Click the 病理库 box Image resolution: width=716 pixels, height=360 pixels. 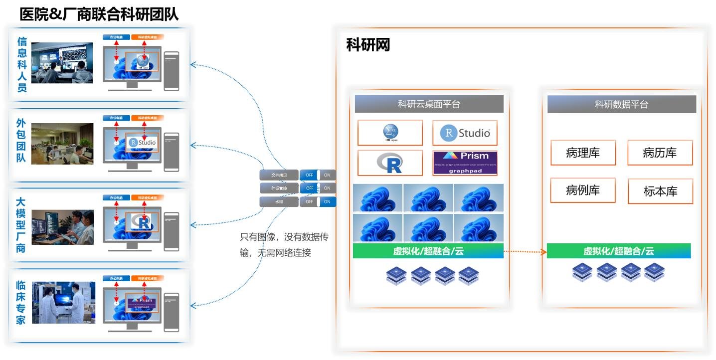pos(583,153)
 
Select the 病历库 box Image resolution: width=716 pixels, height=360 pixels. pos(660,153)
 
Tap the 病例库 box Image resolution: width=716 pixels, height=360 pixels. pos(583,190)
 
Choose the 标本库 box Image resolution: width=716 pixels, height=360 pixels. pos(660,191)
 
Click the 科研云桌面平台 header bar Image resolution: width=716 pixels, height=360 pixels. pos(429,104)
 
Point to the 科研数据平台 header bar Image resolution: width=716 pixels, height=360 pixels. pos(621,104)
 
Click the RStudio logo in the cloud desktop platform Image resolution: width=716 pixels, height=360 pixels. pos(465,133)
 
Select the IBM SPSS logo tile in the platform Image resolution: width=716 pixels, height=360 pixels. pos(390,133)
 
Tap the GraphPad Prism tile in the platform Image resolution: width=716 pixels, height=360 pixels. pos(465,163)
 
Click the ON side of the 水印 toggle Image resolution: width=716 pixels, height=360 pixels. pos(327,201)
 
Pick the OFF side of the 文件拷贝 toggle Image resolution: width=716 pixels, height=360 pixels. pos(309,175)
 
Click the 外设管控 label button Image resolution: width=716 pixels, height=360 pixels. pos(279,188)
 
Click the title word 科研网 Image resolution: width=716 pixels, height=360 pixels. pos(368,45)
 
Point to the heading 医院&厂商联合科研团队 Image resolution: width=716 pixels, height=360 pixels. pos(99,14)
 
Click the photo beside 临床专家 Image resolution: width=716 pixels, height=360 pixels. pos(63,303)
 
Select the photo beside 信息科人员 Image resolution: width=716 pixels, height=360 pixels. pos(62,63)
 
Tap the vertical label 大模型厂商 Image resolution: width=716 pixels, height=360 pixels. pos(20,225)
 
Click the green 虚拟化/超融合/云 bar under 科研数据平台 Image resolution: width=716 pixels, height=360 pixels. pos(618,251)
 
